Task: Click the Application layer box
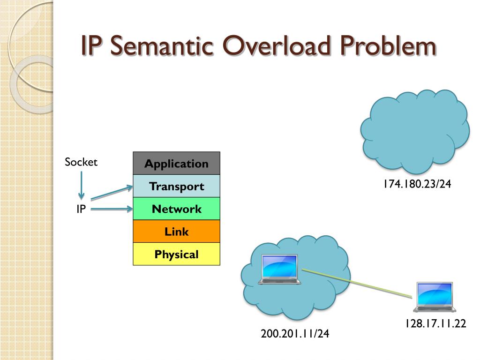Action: tap(176, 164)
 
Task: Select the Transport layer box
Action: tap(176, 186)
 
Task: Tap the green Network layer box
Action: tap(176, 209)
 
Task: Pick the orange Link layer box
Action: tap(176, 231)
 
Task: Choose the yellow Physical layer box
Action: tap(176, 254)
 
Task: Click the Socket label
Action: tap(81, 162)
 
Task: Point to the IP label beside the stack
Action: tap(81, 209)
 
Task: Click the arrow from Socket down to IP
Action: tap(81, 185)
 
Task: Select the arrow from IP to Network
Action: tap(112, 209)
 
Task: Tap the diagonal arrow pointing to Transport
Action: tap(112, 193)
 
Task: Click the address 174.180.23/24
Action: tap(417, 184)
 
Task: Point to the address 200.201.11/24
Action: tap(295, 334)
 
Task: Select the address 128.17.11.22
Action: tap(435, 323)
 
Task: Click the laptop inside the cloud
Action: tap(280, 270)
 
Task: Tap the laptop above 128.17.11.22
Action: tap(435, 297)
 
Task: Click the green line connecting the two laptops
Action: tap(356, 283)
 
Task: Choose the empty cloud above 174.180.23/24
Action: tap(414, 131)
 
